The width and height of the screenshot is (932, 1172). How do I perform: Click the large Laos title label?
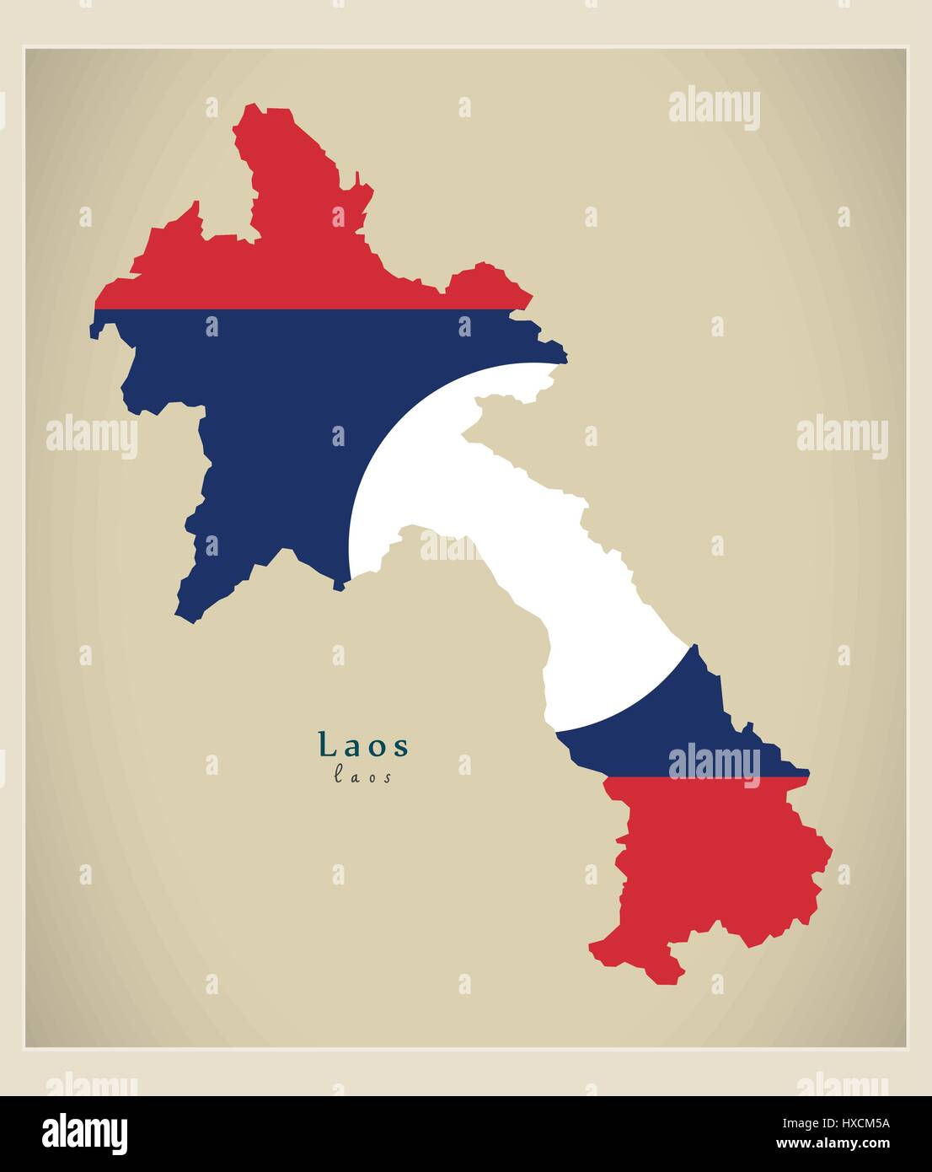click(x=364, y=745)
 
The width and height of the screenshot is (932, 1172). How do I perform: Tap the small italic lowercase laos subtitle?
click(x=363, y=777)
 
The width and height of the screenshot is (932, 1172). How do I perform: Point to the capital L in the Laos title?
click(x=324, y=745)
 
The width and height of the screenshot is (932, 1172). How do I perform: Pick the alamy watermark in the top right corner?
click(x=714, y=110)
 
